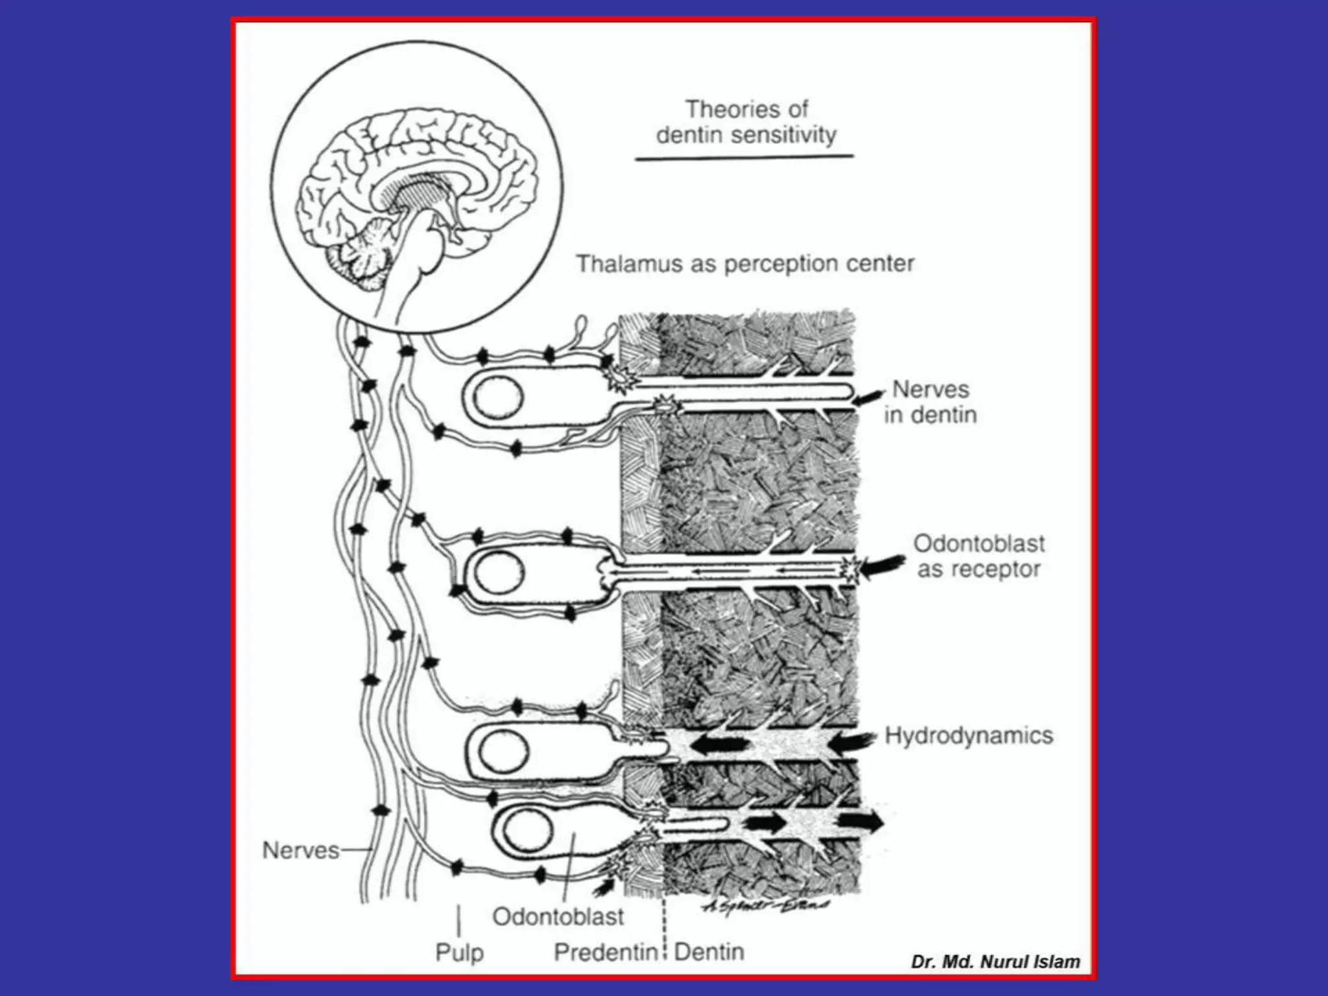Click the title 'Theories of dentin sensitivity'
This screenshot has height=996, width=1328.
coord(746,122)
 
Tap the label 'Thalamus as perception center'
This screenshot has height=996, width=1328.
coord(745,264)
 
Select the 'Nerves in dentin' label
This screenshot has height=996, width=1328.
coord(931,402)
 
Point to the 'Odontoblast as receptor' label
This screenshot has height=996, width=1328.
coord(979,556)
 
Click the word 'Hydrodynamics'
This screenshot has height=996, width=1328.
coord(969,735)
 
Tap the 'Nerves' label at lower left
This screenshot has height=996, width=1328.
coord(300,850)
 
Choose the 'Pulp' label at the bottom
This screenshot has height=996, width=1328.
coord(459,953)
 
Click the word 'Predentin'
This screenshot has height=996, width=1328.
coord(606,952)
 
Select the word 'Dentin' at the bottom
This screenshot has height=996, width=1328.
coord(709,952)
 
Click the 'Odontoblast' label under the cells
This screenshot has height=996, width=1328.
coord(558,916)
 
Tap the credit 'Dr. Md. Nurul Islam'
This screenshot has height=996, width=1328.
coord(995,961)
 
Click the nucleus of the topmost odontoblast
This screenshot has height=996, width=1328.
coord(497,397)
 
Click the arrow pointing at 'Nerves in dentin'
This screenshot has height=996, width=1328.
coord(868,396)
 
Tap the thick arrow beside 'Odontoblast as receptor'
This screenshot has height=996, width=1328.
coord(882,565)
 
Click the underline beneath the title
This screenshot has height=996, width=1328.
coord(744,157)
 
